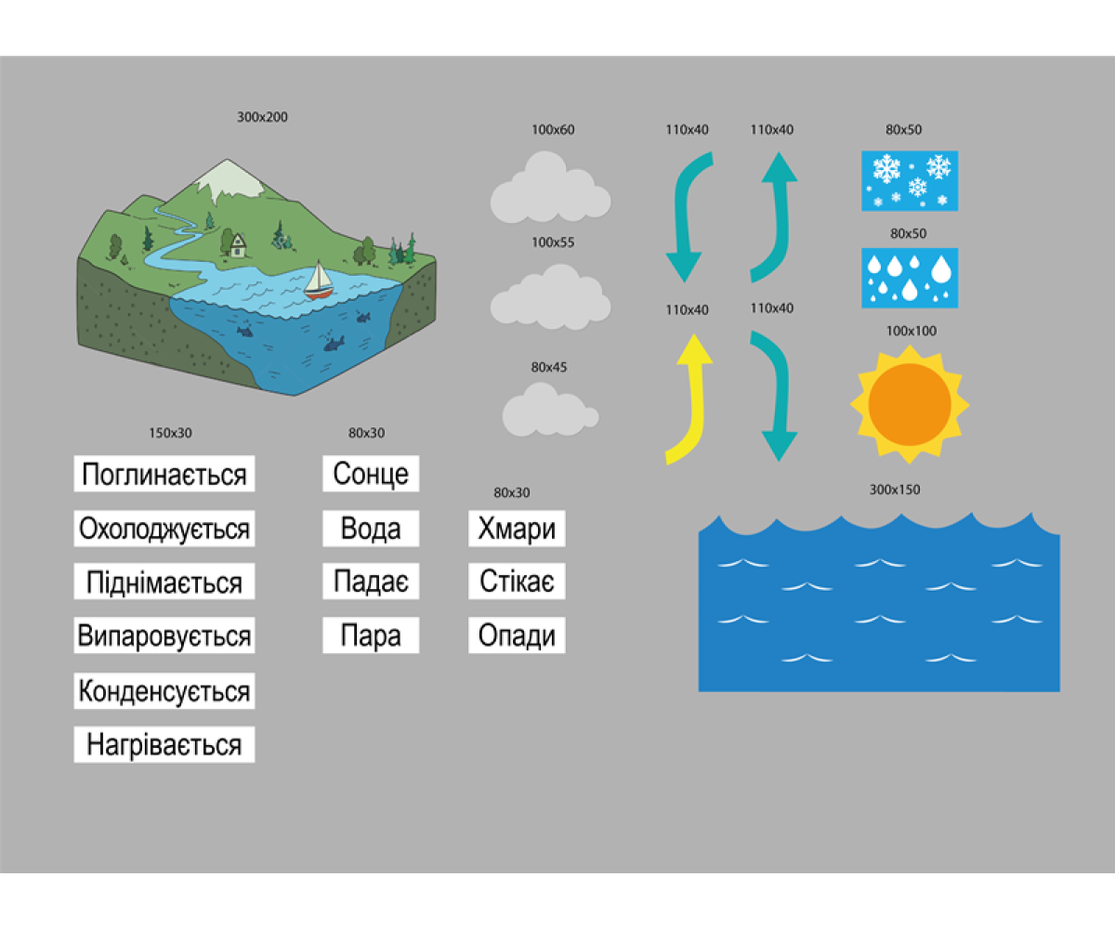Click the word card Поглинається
[164, 474]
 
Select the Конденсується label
[164, 691]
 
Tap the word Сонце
[371, 474]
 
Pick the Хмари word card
[517, 529]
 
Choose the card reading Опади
[517, 636]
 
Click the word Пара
[371, 636]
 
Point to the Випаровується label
[164, 636]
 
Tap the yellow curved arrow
[691, 399]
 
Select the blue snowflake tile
[910, 180]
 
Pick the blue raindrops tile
[910, 277]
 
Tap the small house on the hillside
[238, 244]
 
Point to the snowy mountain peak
[227, 179]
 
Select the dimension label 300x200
[262, 117]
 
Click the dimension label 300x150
[895, 490]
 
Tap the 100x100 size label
[912, 331]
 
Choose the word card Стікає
[517, 582]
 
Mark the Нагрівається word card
[164, 745]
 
